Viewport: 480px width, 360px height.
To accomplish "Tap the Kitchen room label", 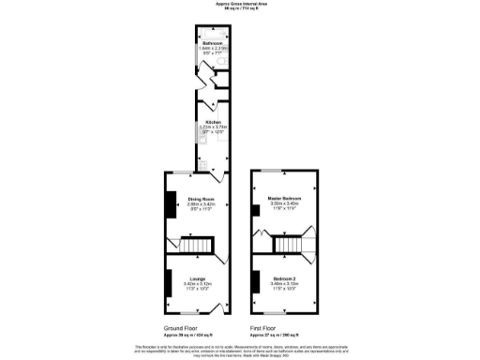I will [x=210, y=122].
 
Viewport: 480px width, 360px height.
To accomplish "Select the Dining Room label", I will [x=195, y=199].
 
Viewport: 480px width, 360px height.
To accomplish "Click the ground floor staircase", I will [x=196, y=246].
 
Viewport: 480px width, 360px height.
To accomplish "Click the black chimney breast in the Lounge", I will [x=169, y=282].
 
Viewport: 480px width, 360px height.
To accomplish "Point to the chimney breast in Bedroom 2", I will [x=255, y=280].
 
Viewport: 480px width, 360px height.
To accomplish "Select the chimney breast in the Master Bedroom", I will [x=255, y=209].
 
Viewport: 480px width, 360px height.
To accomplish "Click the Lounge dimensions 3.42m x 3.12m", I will [x=195, y=285].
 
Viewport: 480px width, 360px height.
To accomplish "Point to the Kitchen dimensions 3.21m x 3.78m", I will [x=210, y=128].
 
